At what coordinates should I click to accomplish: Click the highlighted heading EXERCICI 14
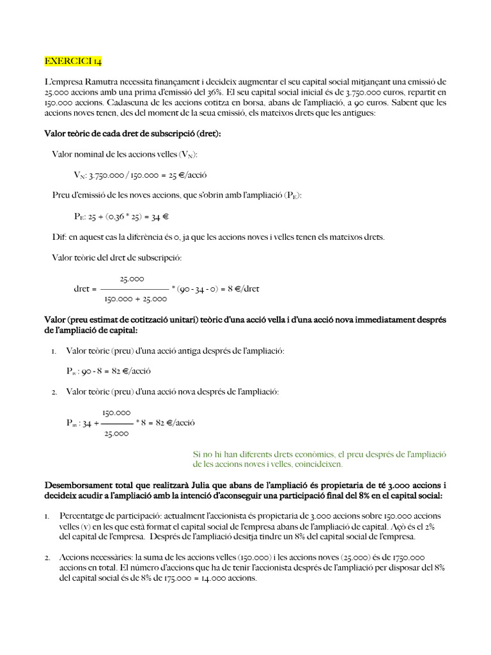73,61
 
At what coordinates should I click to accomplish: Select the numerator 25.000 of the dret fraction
132,278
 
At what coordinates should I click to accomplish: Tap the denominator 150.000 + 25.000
135,299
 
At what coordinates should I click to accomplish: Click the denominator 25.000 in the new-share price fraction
116,434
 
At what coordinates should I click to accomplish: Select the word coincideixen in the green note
317,464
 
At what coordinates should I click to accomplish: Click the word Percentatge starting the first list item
82,516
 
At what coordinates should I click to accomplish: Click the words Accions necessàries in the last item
91,557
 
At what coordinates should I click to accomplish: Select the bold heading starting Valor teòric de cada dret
137,134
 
